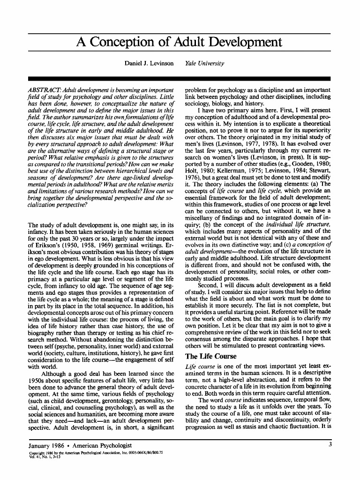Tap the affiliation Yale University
205,63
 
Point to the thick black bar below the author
180,78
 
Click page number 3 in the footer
330,444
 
